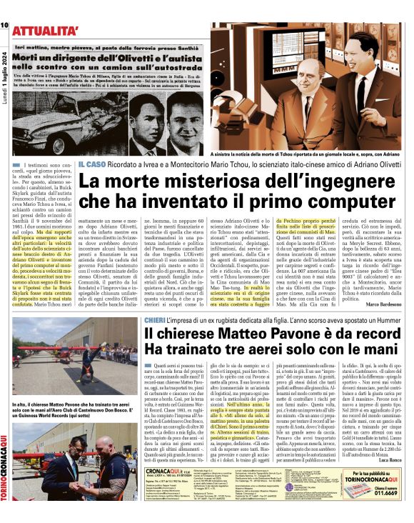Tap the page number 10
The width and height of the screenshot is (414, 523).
(x=4, y=26)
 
